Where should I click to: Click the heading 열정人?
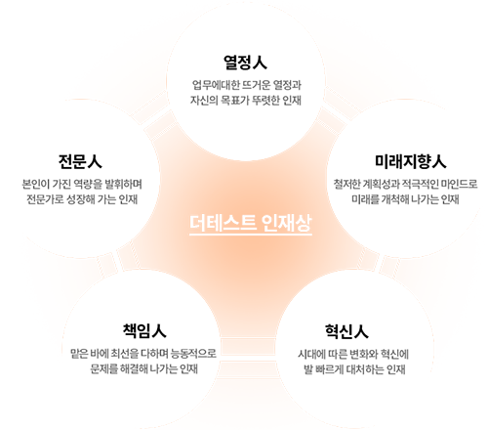pos(245,63)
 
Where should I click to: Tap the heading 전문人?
pos(80,161)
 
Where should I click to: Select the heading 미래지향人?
pos(411,161)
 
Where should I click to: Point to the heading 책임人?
pos(144,331)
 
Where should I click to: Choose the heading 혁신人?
pos(346,331)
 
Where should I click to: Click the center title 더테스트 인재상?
pos(251,224)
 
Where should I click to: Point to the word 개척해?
pos(395,199)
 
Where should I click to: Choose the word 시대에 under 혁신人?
pos(311,354)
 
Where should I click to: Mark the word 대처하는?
pos(365,369)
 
